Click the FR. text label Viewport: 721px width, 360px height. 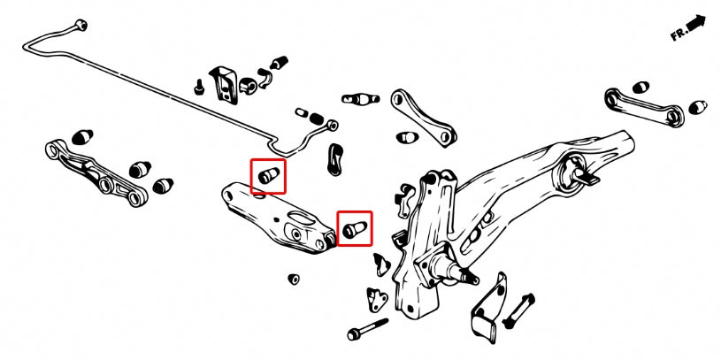pyautogui.click(x=679, y=34)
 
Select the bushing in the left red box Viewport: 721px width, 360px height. pyautogui.click(x=268, y=176)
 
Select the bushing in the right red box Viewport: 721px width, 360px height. pyautogui.click(x=355, y=229)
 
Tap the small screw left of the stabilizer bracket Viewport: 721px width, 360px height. pyautogui.click(x=200, y=88)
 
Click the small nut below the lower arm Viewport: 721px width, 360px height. pyautogui.click(x=293, y=279)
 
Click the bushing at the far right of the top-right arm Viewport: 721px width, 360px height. pyautogui.click(x=696, y=107)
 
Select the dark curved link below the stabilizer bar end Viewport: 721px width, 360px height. pyautogui.click(x=336, y=159)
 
